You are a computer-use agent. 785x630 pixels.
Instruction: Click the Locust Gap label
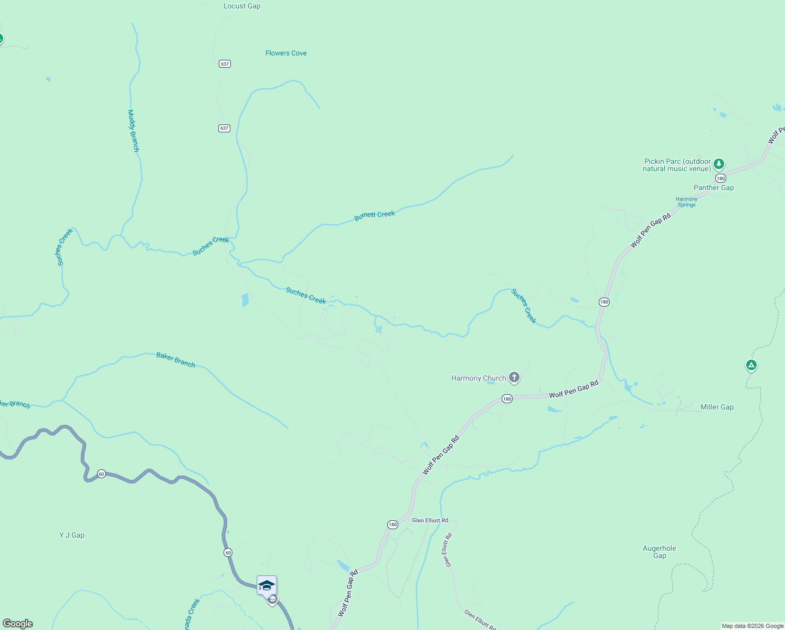tap(242, 6)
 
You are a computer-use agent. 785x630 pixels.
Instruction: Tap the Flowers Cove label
tap(286, 53)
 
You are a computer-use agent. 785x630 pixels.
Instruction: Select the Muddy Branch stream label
tap(134, 131)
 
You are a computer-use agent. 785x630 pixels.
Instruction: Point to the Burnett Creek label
tap(375, 215)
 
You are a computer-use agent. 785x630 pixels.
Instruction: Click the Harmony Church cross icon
tap(514, 377)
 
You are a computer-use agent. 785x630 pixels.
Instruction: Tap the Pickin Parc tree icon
tap(719, 164)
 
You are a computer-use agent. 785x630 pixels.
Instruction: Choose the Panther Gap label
tap(714, 187)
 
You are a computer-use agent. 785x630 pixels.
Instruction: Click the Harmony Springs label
tap(686, 202)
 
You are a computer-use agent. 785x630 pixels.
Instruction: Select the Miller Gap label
tap(717, 407)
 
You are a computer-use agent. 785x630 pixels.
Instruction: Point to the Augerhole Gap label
tap(660, 552)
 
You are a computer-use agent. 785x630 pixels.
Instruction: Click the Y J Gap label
tap(72, 535)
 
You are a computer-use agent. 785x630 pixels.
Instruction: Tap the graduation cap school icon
tap(267, 585)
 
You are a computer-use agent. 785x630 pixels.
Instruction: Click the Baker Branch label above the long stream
tap(176, 360)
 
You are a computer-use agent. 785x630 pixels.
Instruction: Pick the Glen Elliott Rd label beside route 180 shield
tap(430, 520)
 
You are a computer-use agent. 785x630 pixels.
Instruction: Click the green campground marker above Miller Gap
tap(751, 365)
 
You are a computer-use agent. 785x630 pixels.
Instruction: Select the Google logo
tap(18, 624)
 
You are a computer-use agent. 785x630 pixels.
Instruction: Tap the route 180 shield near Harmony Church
tap(506, 399)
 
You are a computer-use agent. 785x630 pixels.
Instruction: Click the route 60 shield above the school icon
tap(228, 552)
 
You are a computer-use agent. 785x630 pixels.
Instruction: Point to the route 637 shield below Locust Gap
tap(225, 64)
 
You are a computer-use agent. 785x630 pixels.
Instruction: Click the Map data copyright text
tap(752, 626)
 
